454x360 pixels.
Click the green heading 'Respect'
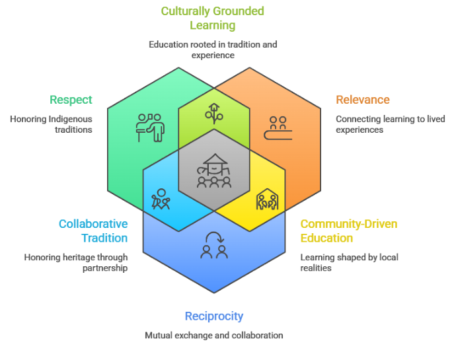(71, 100)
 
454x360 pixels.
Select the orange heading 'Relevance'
(362, 100)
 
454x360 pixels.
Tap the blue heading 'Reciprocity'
(213, 316)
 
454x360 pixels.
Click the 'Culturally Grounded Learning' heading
(213, 18)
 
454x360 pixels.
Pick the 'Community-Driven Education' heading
(348, 231)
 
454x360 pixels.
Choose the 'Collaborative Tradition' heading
(93, 231)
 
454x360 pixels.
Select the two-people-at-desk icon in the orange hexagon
(278, 127)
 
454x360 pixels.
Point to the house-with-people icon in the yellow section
(268, 199)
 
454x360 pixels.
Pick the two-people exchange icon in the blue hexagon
(213, 246)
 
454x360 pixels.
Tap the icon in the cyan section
(161, 199)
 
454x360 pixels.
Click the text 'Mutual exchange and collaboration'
(213, 336)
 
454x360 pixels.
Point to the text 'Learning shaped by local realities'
(349, 262)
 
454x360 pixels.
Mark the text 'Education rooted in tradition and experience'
(213, 50)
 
